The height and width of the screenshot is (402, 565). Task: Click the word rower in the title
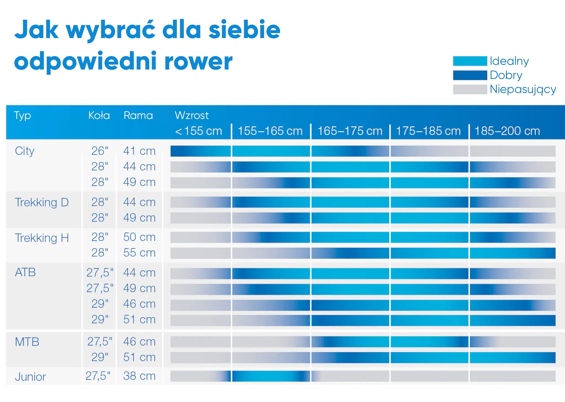coord(198,62)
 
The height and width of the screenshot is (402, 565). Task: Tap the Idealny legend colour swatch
coord(470,61)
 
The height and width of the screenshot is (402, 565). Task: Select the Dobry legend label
coord(506,75)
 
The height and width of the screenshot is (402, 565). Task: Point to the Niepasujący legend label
coord(523,90)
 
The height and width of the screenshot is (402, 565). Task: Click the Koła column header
coord(99,115)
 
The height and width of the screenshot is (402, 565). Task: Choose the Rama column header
coord(138,115)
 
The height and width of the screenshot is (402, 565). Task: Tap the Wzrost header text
coord(192,115)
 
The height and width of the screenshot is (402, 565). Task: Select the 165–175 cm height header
coord(350,131)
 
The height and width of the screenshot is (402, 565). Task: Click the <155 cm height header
coord(198,131)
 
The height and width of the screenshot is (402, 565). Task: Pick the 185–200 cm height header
coord(507,131)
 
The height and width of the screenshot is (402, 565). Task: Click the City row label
coord(25,151)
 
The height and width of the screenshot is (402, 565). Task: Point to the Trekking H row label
coord(42,238)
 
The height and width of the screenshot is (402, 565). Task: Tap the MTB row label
coord(27,342)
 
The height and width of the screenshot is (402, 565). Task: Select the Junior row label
coord(30,377)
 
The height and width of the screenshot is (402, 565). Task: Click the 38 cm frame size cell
coord(139,376)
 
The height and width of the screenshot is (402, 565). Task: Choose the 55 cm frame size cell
coord(139,253)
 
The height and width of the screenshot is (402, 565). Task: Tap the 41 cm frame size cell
coord(139,151)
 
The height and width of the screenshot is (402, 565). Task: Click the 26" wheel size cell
coord(100,151)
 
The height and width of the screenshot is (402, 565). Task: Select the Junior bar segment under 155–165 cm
coord(271,376)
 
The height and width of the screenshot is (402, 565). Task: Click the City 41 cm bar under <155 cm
coord(201,151)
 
